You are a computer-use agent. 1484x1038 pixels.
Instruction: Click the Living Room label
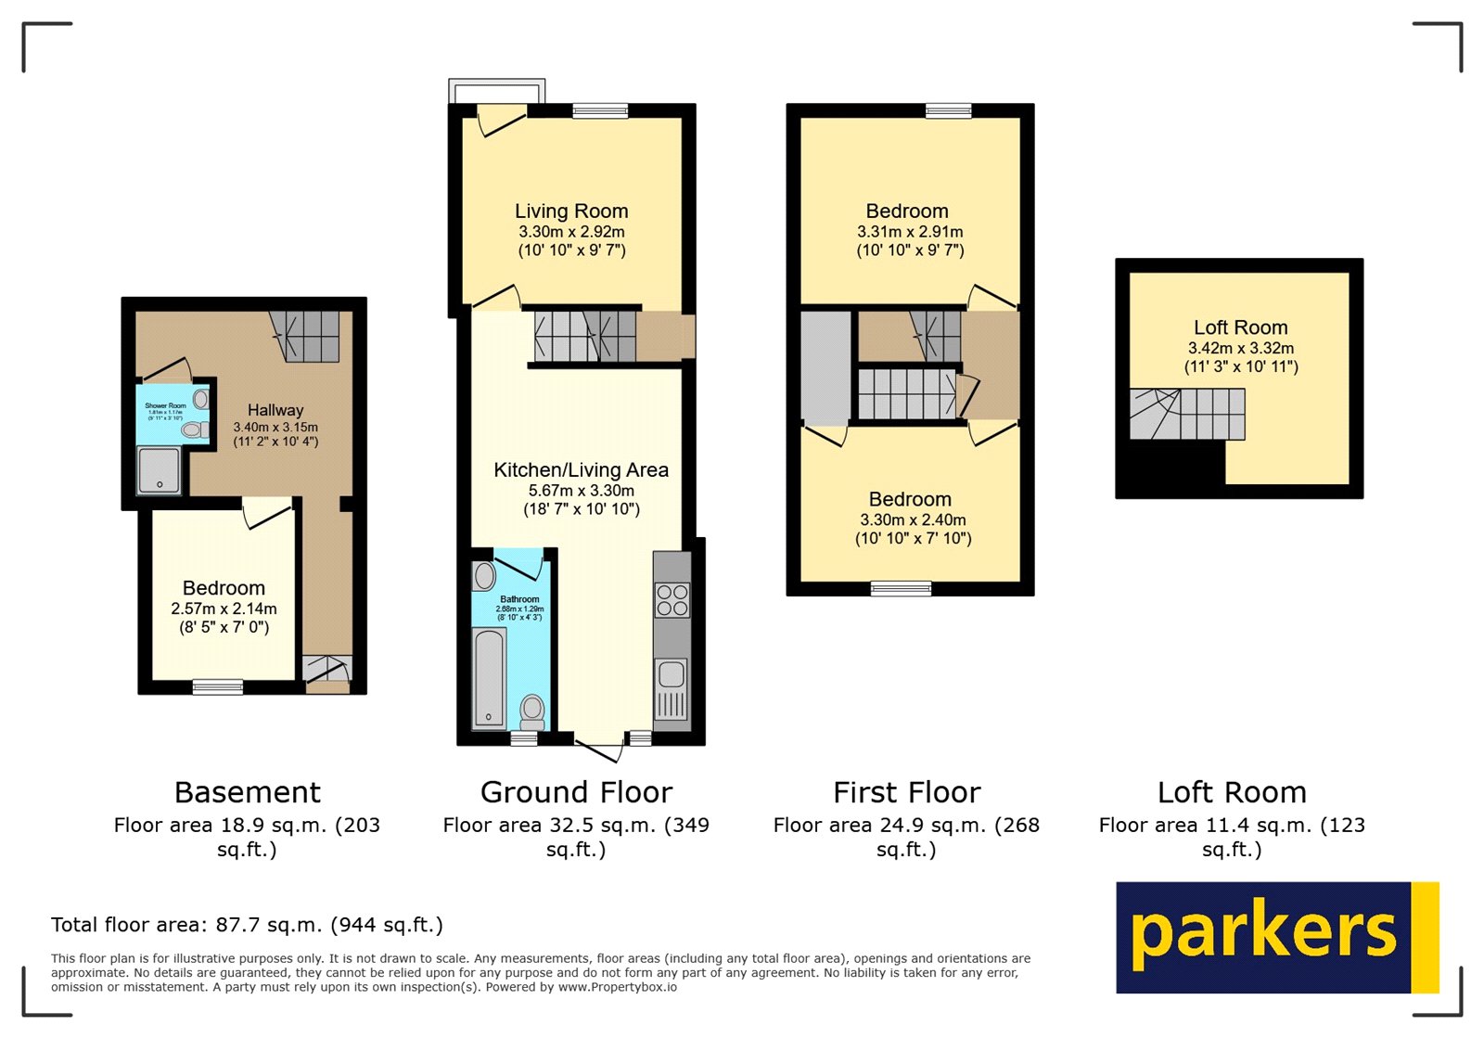click(x=571, y=211)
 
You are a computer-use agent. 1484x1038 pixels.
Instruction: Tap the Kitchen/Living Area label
click(x=581, y=470)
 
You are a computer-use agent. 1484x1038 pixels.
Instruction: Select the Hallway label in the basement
click(x=275, y=410)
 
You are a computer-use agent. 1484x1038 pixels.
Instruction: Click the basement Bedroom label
click(x=224, y=588)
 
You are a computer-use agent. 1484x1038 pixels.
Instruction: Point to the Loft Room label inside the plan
click(x=1240, y=327)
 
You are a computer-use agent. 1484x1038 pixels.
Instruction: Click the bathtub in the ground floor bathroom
click(x=489, y=677)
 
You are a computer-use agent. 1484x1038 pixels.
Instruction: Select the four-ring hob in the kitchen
click(x=672, y=600)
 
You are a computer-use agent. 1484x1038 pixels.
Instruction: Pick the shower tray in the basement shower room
click(x=160, y=470)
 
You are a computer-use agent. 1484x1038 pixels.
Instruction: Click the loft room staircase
click(x=1187, y=414)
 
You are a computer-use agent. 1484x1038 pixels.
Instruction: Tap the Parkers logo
click(x=1276, y=937)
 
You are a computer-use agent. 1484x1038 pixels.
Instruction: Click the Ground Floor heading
click(x=576, y=792)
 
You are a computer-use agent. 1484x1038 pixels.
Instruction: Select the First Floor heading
click(x=906, y=792)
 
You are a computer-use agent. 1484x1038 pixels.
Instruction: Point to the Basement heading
click(x=248, y=792)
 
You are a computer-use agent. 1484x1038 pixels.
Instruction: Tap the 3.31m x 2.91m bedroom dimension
click(x=910, y=232)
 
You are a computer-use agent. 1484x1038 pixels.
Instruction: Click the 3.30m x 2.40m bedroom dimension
click(x=913, y=520)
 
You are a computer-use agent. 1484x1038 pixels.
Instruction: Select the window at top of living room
click(x=600, y=111)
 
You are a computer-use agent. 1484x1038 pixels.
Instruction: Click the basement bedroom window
click(x=218, y=687)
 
